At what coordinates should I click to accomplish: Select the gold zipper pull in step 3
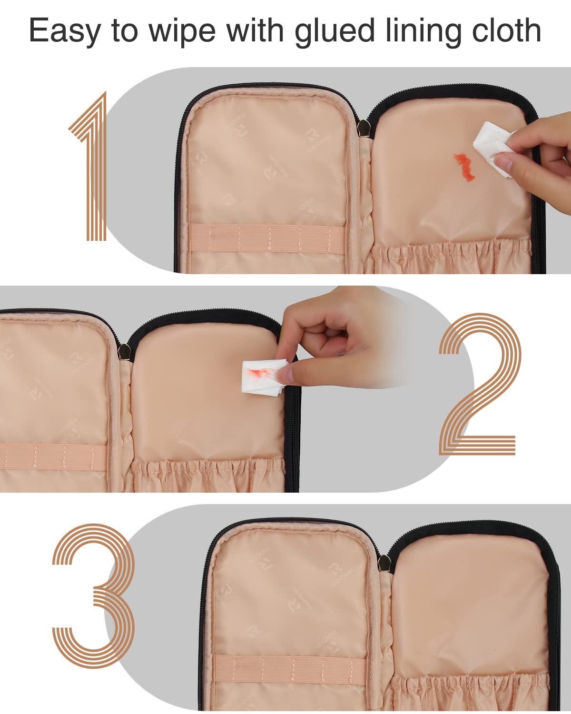(x=384, y=564)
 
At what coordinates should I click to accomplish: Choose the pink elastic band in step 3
(x=290, y=666)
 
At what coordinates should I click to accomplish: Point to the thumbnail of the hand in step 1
(x=503, y=162)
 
